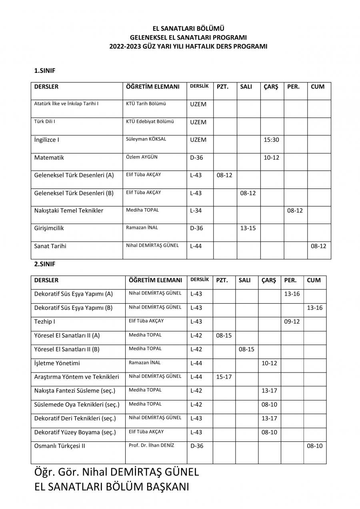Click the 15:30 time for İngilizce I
[x=271, y=140]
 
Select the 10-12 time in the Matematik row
[x=271, y=158]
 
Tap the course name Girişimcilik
[x=49, y=228]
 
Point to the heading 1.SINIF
[x=44, y=71]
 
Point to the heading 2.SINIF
[x=44, y=264]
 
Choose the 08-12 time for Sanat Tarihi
[x=318, y=246]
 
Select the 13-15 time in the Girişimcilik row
[x=248, y=228]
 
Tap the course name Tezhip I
[x=44, y=322]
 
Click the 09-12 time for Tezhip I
[x=292, y=322]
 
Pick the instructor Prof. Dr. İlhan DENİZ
[x=151, y=445]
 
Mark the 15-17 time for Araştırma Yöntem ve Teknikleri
[x=224, y=377]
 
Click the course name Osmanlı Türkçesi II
[x=60, y=446]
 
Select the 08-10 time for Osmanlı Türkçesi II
[x=314, y=446]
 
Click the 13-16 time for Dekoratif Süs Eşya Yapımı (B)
[x=314, y=308]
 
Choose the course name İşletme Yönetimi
[x=57, y=363]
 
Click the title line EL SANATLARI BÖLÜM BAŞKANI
[x=112, y=487]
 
